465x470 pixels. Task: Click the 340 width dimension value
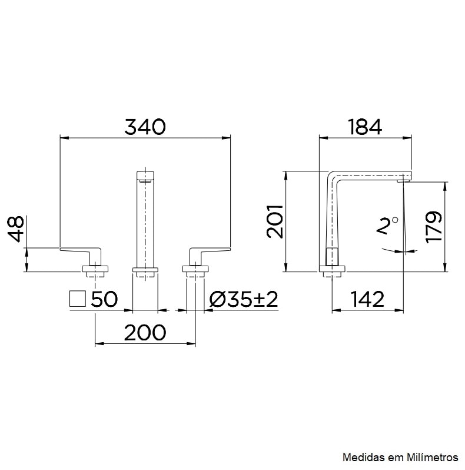pos(145,126)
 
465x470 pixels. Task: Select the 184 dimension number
pos(364,126)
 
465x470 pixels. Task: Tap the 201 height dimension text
pos(275,221)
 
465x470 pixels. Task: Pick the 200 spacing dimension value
pos(145,333)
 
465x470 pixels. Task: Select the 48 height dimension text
pos(17,229)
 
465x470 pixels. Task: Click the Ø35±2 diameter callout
pos(243,299)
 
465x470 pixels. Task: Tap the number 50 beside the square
pos(104,299)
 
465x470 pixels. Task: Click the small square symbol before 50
pos(78,299)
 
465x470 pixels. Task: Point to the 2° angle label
pos(387,226)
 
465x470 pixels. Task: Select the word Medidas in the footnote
pos(360,457)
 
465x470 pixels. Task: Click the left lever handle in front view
pos(82,252)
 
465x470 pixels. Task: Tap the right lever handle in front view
pos(208,252)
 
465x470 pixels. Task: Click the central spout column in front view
pos(145,224)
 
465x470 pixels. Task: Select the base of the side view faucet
pos(333,270)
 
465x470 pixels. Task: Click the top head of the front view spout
pos(145,176)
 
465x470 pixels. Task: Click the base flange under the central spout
pos(145,271)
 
